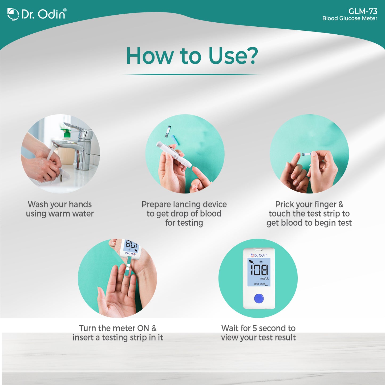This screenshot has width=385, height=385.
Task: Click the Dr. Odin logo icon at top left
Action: click(x=13, y=14)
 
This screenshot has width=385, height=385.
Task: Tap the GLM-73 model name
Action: click(x=363, y=11)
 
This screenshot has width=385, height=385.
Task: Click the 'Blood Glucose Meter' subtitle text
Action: click(x=350, y=18)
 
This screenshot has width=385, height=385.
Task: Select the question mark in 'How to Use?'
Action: click(x=251, y=56)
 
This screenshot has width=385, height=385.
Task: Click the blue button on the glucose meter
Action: click(x=259, y=298)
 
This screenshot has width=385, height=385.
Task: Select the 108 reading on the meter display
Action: click(x=259, y=269)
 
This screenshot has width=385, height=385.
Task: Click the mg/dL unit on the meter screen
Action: click(x=264, y=278)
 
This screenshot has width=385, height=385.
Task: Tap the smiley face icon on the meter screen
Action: click(x=261, y=262)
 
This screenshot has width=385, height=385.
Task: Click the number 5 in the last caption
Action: click(x=255, y=328)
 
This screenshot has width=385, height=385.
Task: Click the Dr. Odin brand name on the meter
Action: click(x=260, y=255)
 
